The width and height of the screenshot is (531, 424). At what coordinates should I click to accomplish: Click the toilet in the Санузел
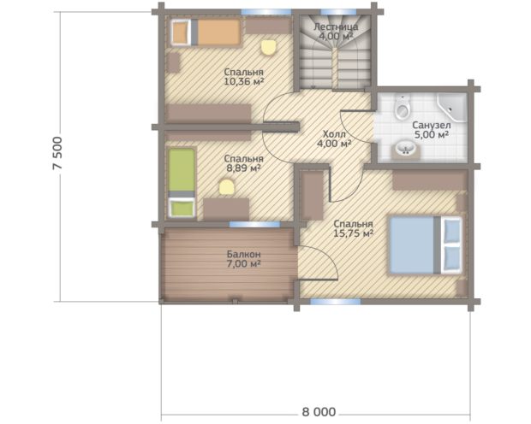pos(403,107)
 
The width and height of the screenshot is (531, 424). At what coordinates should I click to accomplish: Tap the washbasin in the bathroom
pos(406,149)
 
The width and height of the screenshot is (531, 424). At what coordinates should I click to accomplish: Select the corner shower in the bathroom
pos(451,108)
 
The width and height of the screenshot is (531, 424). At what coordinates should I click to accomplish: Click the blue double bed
pos(426,244)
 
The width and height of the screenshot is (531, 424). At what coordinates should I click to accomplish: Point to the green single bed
pos(182,182)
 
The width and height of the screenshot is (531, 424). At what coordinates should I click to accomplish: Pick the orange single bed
pos(206,32)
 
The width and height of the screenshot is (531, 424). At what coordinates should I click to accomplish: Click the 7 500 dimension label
pos(58,153)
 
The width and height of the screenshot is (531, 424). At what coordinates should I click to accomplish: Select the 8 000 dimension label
pos(319,412)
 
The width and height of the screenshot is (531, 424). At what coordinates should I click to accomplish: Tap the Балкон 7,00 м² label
pos(243,259)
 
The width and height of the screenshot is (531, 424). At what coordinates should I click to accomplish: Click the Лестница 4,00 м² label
pos(336,32)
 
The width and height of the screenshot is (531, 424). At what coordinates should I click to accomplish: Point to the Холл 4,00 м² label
pos(334,139)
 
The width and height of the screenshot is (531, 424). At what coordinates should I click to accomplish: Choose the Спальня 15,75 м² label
pos(353,228)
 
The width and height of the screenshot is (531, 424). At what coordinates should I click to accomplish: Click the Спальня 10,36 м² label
pos(244,77)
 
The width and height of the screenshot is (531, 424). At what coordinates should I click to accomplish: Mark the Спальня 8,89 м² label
pos(243,163)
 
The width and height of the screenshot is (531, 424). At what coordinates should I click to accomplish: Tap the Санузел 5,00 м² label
pos(432,130)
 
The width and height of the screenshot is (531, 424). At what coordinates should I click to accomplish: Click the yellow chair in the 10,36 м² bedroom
pos(269,47)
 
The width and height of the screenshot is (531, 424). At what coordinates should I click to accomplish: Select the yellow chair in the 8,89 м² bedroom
pos(227,187)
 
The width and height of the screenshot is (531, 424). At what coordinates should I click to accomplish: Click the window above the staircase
pos(337,12)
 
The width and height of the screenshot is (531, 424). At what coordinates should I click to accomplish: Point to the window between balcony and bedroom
pos(254,224)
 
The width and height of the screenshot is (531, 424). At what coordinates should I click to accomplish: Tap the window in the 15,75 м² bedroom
pos(336,302)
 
